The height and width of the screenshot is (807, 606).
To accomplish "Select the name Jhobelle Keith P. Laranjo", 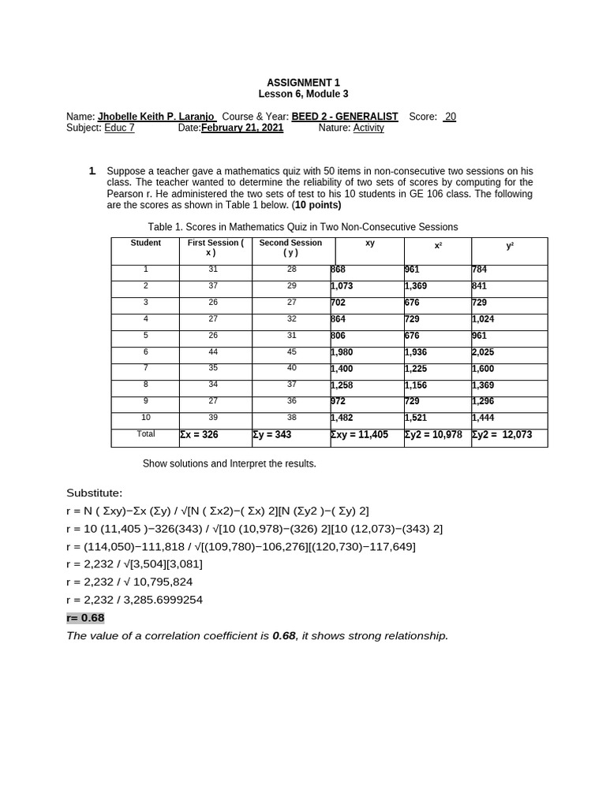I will (156, 117).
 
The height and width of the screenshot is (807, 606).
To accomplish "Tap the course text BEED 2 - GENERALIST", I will (345, 117).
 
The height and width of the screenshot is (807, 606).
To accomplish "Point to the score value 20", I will (449, 117).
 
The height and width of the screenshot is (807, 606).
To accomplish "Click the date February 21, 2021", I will (242, 128).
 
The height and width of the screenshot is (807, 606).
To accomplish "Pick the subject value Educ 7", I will (119, 128).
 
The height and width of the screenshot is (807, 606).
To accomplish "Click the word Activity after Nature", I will (368, 128).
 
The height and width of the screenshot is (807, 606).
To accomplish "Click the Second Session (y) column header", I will (290, 248).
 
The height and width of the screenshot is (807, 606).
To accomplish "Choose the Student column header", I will (145, 244).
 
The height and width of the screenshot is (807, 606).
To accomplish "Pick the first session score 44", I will (213, 351).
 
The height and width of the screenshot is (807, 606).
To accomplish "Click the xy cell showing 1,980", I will (343, 352).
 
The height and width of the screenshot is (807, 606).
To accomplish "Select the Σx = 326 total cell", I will (200, 435).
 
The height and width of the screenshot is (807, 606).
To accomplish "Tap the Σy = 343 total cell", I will (272, 435).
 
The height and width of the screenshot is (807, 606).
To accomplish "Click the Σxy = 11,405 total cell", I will (359, 435).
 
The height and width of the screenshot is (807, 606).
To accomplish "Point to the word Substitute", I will (95, 493).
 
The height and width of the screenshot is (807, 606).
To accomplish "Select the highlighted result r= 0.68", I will (85, 618).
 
